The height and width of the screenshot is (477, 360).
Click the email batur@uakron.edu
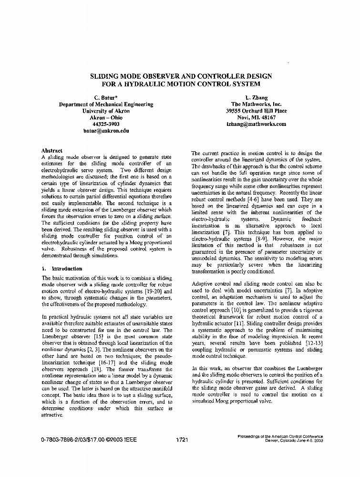point(106,130)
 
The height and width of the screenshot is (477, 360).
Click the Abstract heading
point(52,150)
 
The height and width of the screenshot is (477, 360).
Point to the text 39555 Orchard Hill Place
point(256,111)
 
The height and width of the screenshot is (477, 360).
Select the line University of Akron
point(106,111)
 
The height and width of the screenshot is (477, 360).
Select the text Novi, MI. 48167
point(256,117)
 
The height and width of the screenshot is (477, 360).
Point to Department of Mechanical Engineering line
point(106,104)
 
